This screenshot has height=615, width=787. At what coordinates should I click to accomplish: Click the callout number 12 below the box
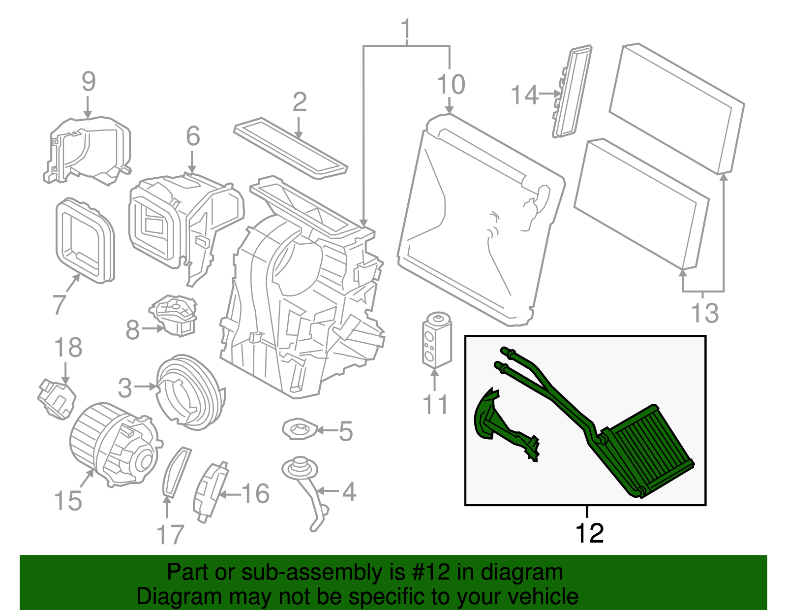[x=589, y=533]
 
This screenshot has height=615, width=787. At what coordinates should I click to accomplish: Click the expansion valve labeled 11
[x=436, y=340]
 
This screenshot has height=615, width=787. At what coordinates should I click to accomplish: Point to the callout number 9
[x=89, y=82]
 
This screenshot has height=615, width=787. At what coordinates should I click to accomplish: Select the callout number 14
[x=524, y=95]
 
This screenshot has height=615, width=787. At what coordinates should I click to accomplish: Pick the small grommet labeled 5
[x=299, y=429]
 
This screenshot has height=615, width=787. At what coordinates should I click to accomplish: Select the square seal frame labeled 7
[x=85, y=240]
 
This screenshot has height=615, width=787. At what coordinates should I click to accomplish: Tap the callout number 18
[x=68, y=348]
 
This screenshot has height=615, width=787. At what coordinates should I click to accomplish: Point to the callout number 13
[x=704, y=313]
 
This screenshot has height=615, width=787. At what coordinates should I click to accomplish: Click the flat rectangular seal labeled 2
[x=290, y=148]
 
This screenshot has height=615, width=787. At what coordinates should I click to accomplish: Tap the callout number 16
[x=255, y=493]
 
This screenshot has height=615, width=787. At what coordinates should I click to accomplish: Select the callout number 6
[x=193, y=136]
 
